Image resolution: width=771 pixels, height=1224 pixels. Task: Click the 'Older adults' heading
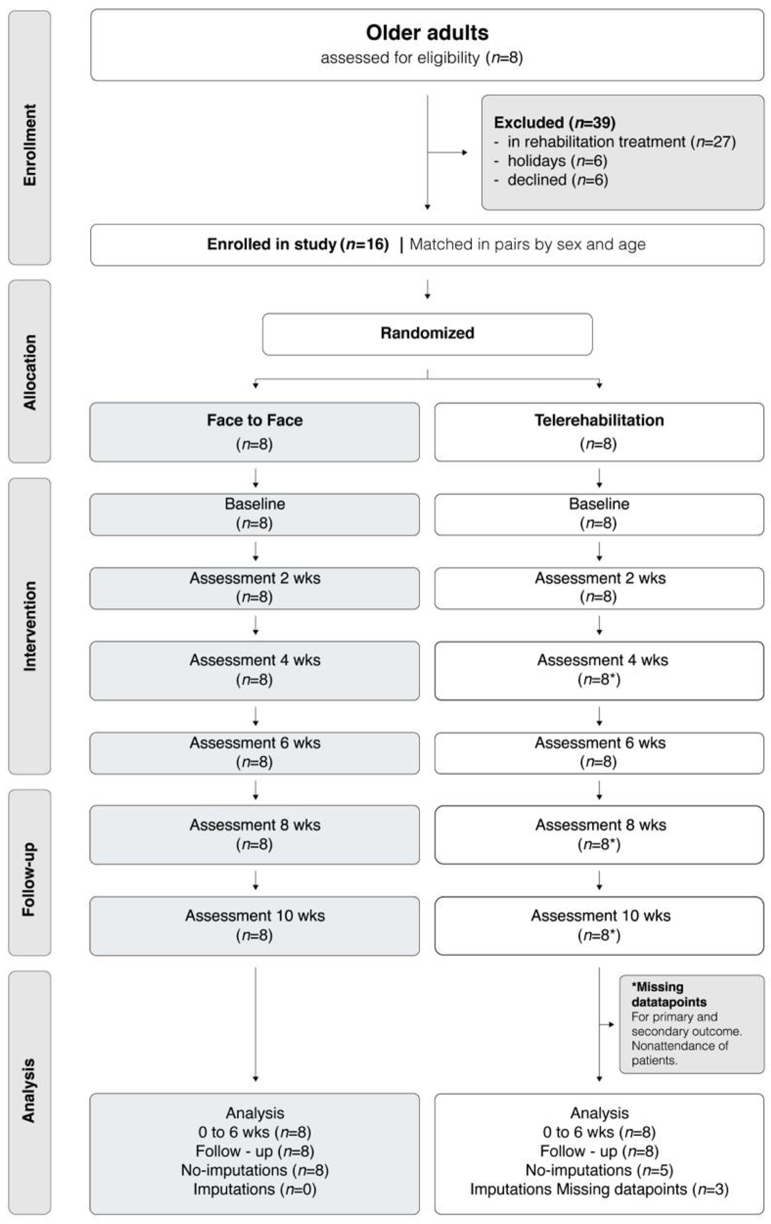coord(427,33)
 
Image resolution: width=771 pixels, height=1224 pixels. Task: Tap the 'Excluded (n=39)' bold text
coord(555,123)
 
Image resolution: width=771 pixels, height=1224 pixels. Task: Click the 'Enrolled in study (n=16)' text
coord(297,244)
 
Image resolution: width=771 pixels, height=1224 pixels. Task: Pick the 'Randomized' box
coord(427,333)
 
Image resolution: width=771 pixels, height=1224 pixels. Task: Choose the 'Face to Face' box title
coord(255,420)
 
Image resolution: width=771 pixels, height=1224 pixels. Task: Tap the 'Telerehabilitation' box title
coord(599,420)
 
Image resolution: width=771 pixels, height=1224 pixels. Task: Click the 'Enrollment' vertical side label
coord(30,145)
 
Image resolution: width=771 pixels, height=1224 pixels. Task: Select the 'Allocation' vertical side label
coord(30,372)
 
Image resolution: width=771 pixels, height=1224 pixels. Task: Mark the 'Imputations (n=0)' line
coord(255,1189)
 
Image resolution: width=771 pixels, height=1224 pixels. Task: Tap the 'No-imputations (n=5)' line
coord(599,1170)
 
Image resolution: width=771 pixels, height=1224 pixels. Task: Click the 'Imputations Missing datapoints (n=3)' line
coord(599,1189)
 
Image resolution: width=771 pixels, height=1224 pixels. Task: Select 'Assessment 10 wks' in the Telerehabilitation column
coord(600,916)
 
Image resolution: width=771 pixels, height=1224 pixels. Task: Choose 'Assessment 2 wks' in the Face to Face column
coord(255,578)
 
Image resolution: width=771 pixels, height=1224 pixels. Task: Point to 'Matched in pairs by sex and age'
coord(527,244)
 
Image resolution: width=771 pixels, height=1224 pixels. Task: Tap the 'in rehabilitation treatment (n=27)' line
coord(621,142)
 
